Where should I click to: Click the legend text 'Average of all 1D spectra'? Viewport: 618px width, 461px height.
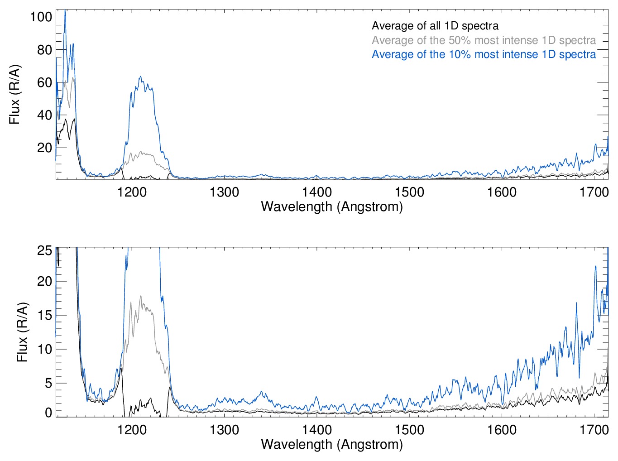click(435, 26)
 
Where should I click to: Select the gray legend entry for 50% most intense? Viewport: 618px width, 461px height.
click(484, 40)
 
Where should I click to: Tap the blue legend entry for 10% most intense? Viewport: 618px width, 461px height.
click(484, 54)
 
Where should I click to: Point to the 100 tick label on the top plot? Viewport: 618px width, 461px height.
click(41, 17)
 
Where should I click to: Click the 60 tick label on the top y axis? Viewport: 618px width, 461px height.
click(44, 82)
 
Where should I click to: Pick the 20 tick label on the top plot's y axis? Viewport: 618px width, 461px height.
click(44, 148)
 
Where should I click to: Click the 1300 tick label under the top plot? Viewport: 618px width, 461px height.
click(224, 192)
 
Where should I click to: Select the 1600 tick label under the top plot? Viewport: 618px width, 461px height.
click(502, 192)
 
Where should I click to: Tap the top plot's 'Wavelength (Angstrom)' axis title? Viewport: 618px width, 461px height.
click(332, 207)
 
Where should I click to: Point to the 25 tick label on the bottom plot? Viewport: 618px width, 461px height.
click(44, 250)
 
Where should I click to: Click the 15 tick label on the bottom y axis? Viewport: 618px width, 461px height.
click(44, 315)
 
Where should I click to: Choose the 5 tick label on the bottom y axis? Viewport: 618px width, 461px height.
click(48, 383)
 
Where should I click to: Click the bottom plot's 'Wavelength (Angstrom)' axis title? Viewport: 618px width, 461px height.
click(332, 444)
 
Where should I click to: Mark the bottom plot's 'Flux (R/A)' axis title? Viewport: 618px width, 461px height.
click(22, 332)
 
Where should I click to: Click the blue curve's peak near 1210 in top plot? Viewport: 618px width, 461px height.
click(140, 77)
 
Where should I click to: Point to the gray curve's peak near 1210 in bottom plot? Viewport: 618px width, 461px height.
click(140, 297)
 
